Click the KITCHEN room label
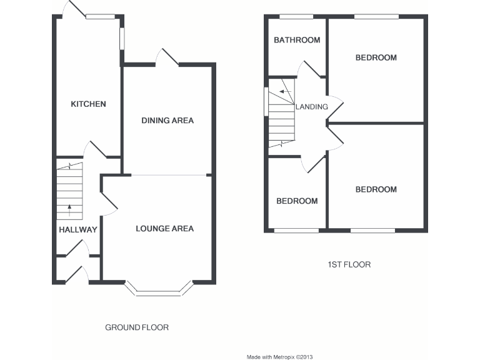[88, 104]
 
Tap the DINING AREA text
[167, 120]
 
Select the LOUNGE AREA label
[165, 228]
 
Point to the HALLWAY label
[78, 229]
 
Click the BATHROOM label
[297, 40]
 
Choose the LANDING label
[312, 106]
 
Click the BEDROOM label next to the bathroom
[376, 57]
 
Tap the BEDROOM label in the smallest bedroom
[297, 201]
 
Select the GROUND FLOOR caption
[136, 327]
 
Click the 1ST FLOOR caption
[349, 264]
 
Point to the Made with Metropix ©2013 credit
[279, 357]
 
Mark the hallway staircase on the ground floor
[69, 191]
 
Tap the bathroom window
[296, 16]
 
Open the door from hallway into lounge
[107, 201]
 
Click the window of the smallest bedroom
[296, 231]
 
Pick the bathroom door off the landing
[309, 69]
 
